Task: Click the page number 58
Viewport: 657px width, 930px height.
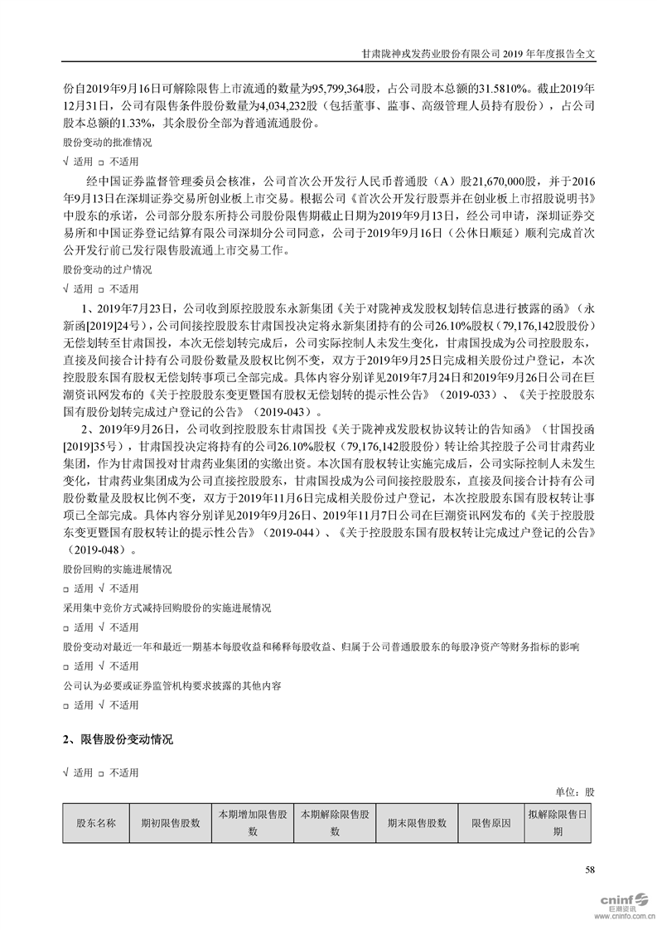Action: pyautogui.click(x=590, y=869)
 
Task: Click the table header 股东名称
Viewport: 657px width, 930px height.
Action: pyautogui.click(x=95, y=823)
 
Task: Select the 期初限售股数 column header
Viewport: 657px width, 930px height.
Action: pyautogui.click(x=171, y=823)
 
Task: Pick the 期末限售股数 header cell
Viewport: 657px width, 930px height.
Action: pyautogui.click(x=417, y=823)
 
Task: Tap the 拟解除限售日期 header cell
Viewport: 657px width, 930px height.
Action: pyautogui.click(x=558, y=823)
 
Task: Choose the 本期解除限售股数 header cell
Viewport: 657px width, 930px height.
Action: pyautogui.click(x=335, y=823)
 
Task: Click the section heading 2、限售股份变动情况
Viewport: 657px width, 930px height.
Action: pyautogui.click(x=118, y=739)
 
